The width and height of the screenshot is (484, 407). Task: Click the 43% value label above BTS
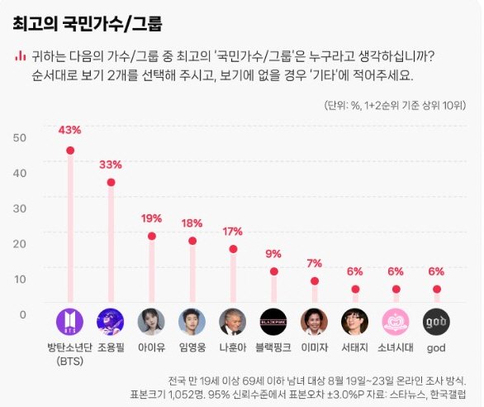(x=69, y=130)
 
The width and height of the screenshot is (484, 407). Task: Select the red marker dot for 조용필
(x=111, y=182)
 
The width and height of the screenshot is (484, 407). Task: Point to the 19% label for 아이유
(x=151, y=218)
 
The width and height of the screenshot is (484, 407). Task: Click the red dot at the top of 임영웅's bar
(x=192, y=241)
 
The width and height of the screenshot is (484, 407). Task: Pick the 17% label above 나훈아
(x=233, y=231)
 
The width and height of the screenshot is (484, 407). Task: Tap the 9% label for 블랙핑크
(x=273, y=253)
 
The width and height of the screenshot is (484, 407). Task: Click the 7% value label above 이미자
(x=314, y=263)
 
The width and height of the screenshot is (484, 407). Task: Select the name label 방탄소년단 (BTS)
(x=69, y=354)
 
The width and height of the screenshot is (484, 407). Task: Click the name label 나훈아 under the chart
(x=233, y=348)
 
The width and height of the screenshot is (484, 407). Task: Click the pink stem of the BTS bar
(x=69, y=232)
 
